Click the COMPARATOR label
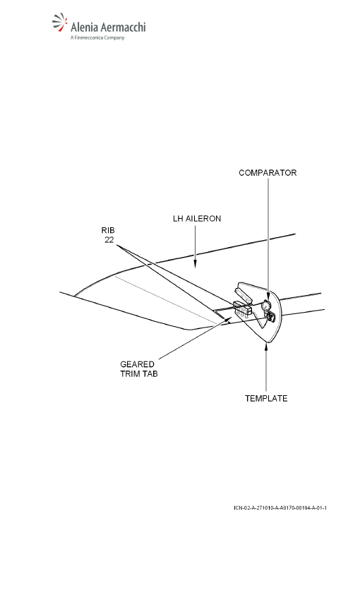click(268, 172)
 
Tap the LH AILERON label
click(197, 219)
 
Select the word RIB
click(108, 230)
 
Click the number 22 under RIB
click(109, 240)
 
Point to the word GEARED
click(137, 364)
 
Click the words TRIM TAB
click(139, 374)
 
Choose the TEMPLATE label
click(266, 398)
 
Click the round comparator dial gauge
click(266, 306)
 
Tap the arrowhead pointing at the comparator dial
click(268, 297)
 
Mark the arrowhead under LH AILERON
click(195, 264)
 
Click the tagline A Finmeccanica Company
click(97, 37)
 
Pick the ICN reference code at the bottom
click(280, 508)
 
